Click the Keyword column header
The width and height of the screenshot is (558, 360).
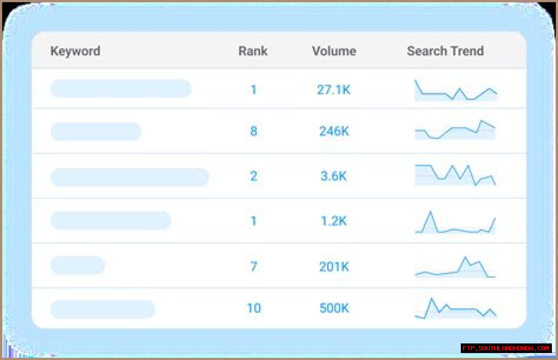click(75, 51)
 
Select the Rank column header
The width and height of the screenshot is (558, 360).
click(253, 51)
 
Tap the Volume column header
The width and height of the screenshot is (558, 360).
click(334, 51)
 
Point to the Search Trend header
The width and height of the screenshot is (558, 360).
click(445, 51)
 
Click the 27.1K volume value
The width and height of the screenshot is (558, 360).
click(333, 90)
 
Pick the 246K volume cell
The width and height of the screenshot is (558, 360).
click(334, 131)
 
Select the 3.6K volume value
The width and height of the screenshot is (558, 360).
click(333, 176)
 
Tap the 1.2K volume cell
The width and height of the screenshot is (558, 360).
click(333, 221)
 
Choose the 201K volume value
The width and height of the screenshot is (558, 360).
click(334, 266)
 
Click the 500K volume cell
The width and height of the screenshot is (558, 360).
click(334, 308)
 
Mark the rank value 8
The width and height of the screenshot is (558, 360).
click(253, 131)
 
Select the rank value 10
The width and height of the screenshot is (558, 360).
click(253, 308)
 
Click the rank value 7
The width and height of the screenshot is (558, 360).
click(253, 266)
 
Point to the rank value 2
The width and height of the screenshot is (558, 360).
click(253, 176)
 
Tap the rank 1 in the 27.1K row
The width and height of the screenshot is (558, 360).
click(253, 90)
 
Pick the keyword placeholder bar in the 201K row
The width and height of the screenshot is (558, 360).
click(78, 265)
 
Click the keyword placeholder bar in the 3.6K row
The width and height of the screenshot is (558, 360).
click(129, 177)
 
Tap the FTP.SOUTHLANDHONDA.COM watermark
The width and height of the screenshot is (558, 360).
click(506, 348)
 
